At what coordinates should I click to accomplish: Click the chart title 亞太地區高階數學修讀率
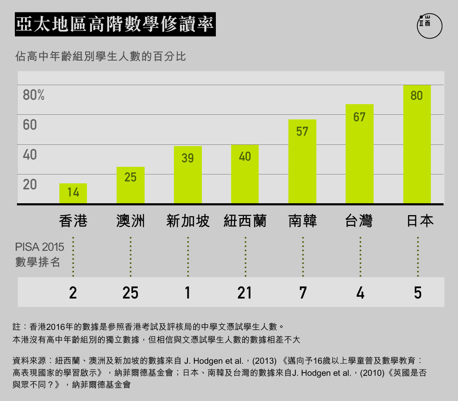click(x=115, y=25)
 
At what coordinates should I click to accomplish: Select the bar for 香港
click(x=73, y=194)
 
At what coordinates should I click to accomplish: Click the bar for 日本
click(x=417, y=144)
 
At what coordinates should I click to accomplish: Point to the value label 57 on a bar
click(x=302, y=132)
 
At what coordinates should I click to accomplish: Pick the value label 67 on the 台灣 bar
click(x=359, y=117)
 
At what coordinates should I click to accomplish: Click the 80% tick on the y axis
click(x=34, y=95)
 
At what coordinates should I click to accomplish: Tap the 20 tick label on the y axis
click(x=30, y=185)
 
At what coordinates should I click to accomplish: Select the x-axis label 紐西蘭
click(x=245, y=221)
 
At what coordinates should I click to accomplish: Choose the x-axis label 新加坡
click(x=188, y=221)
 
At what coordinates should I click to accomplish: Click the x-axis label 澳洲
click(x=130, y=221)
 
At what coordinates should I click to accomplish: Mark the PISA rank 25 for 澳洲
click(x=130, y=293)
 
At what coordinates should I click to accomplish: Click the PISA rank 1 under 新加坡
click(x=187, y=293)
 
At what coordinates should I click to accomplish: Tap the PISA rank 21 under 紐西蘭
click(x=245, y=293)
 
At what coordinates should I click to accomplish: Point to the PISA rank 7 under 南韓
click(x=302, y=293)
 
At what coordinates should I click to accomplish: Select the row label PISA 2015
click(x=39, y=247)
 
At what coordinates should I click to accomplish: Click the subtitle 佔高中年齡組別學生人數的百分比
click(x=101, y=56)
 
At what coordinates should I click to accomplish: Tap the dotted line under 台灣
click(x=360, y=256)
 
